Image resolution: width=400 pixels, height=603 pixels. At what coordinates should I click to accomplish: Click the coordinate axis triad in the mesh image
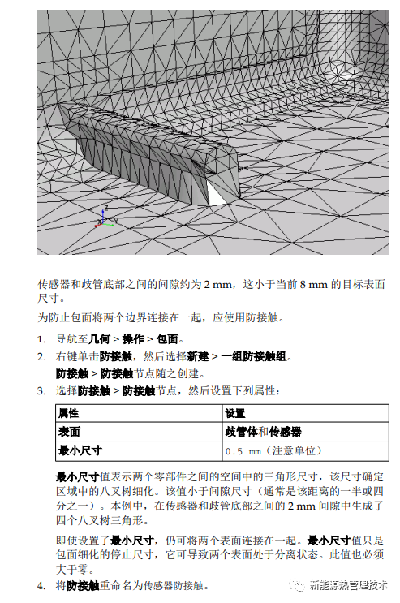(101, 216)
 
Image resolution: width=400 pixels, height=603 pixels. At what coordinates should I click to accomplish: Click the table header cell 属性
(69, 413)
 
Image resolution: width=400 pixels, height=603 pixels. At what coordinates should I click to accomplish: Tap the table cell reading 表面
(69, 431)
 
